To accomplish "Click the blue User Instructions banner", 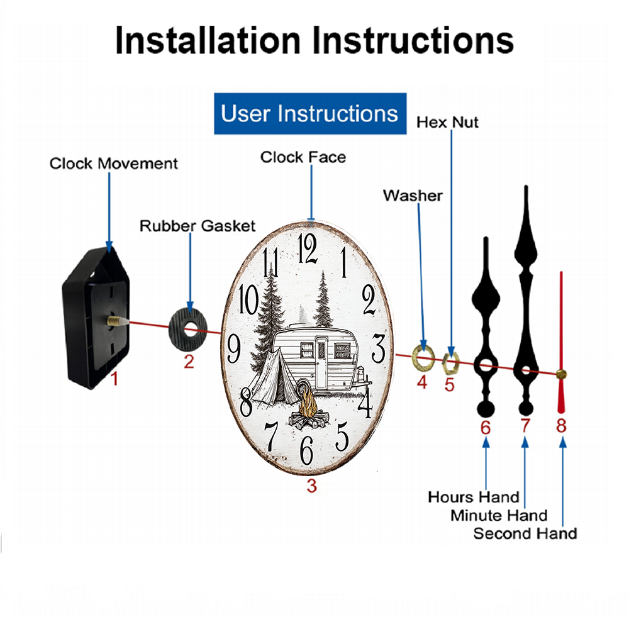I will tap(310, 114).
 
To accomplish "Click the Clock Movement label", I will tap(114, 164).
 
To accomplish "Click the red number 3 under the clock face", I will tap(312, 486).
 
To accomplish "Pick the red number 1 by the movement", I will tap(114, 378).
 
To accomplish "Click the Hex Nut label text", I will tap(447, 122).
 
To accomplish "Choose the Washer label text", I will tap(413, 196).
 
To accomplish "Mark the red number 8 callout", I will tap(561, 426).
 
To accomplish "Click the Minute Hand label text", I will tap(499, 516).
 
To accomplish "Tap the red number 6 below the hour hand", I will tap(486, 428).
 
